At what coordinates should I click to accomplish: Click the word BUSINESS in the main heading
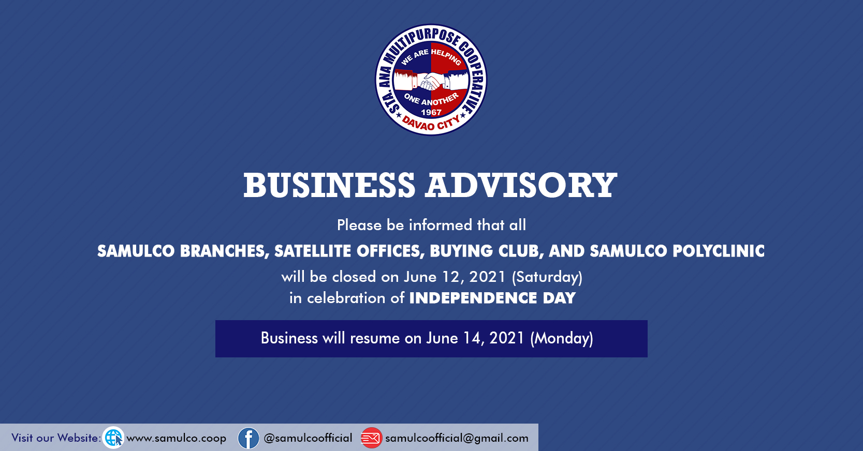329,185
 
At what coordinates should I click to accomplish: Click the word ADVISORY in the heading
521,185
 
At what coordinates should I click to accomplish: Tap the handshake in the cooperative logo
431,81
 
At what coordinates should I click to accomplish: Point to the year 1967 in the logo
431,112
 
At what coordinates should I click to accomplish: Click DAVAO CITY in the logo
431,123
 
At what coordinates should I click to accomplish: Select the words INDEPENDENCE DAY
492,298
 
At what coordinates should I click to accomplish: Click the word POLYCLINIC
719,251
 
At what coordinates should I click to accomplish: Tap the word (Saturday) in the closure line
547,277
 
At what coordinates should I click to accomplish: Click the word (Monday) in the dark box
562,338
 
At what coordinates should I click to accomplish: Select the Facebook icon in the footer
248,438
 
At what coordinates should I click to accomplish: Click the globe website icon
113,438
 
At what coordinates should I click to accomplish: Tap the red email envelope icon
371,438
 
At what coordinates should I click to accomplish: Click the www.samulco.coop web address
177,438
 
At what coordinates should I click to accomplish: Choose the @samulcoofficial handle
308,438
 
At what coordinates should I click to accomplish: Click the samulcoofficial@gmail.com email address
457,438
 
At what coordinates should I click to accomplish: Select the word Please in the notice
359,225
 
